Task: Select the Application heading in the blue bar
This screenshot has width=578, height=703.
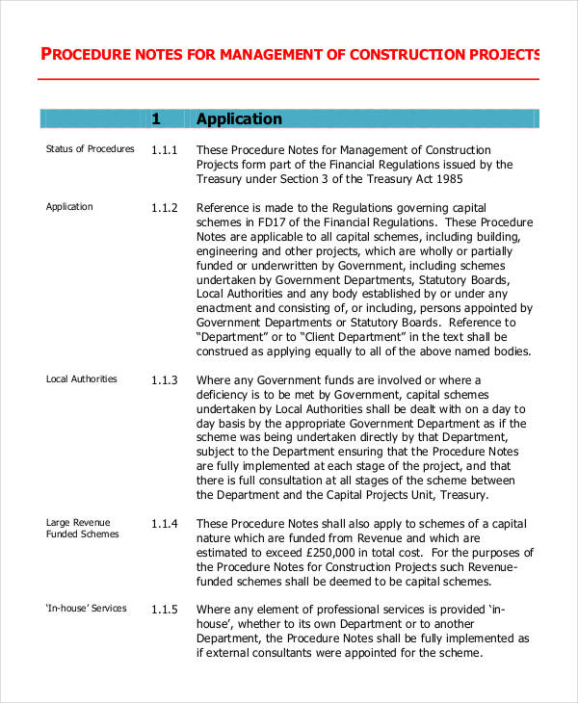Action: point(239,119)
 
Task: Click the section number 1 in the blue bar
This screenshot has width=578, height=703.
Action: point(156,119)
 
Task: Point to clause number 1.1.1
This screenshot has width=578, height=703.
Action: point(165,150)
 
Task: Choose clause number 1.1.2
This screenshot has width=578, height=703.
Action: point(165,208)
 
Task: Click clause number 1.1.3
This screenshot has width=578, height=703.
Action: point(165,380)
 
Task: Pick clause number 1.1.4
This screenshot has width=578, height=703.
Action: point(165,524)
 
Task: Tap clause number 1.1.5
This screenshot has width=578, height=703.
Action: point(165,610)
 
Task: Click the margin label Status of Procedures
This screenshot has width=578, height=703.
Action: point(91,149)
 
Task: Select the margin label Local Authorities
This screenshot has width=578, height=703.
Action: point(82,379)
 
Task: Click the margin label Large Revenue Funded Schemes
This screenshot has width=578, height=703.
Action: point(83,529)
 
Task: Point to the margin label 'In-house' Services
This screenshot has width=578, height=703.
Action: point(86,609)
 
